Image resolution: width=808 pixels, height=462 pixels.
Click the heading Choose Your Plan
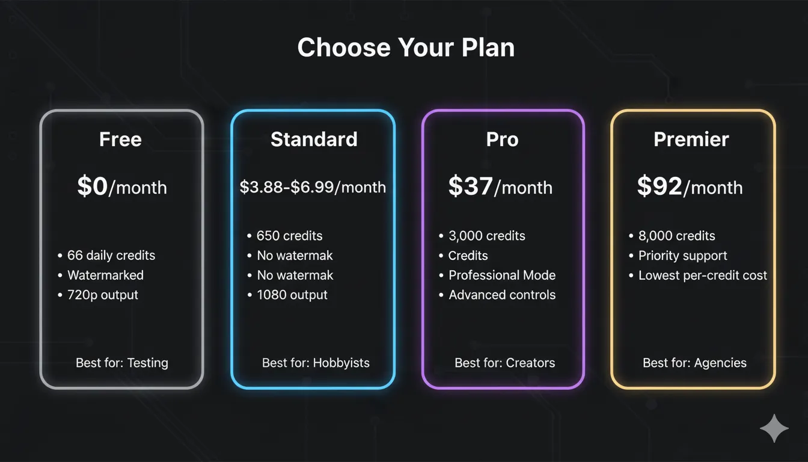(406, 48)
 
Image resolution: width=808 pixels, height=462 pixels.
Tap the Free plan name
(120, 140)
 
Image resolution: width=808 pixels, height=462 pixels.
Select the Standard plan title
(314, 140)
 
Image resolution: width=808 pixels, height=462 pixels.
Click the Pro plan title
(502, 140)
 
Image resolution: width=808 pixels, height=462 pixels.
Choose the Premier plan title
(691, 140)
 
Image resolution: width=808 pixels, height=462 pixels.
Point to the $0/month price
(121, 187)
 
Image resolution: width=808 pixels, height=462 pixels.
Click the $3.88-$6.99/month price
(313, 187)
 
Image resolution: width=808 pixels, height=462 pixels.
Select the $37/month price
(500, 187)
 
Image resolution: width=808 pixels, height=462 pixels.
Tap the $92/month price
(690, 187)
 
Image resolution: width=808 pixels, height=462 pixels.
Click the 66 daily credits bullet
(111, 256)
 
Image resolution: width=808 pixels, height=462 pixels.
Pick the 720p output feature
(102, 295)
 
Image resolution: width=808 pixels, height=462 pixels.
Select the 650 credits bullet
(289, 236)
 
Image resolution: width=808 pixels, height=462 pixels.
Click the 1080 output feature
(292, 295)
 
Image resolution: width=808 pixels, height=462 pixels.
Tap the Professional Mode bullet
(501, 276)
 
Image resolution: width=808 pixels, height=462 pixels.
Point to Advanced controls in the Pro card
(501, 295)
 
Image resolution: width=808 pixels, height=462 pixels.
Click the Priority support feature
(682, 256)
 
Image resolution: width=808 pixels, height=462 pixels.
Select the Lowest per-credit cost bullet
(702, 276)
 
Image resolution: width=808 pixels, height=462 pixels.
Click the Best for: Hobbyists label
(316, 363)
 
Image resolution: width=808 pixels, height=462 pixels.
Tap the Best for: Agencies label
(694, 363)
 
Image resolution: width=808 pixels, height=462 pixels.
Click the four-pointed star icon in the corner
(774, 428)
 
